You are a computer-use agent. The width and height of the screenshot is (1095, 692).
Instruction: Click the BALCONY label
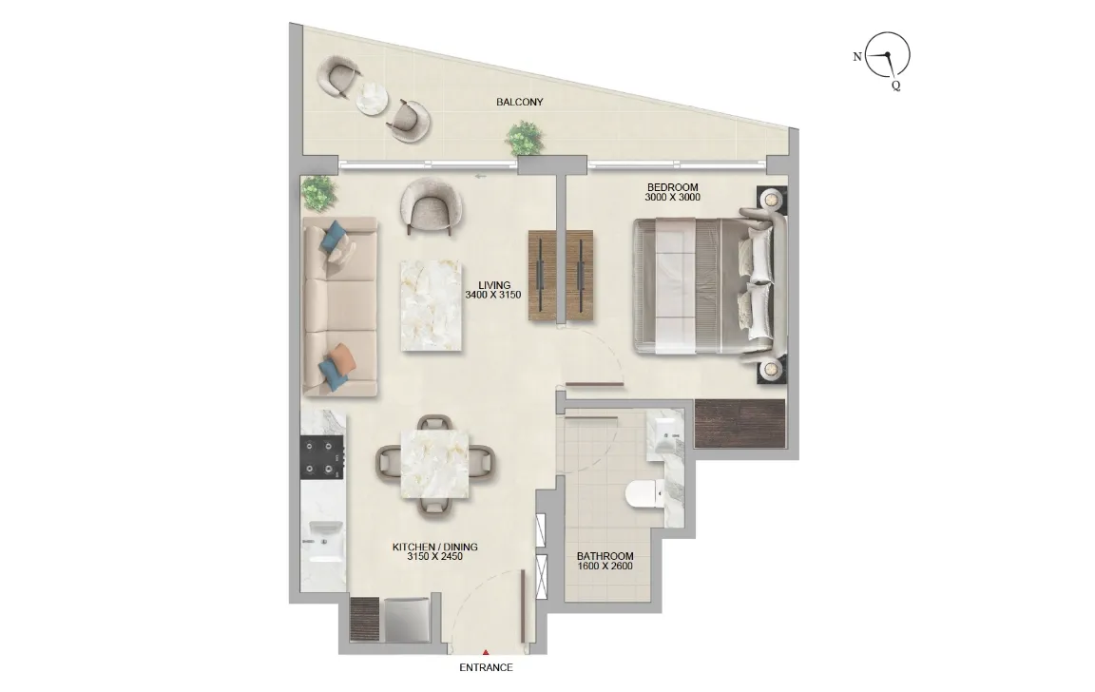pyautogui.click(x=520, y=102)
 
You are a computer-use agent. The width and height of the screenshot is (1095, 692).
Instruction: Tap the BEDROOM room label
pyautogui.click(x=673, y=186)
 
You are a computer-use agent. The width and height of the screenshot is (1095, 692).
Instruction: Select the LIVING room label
pyautogui.click(x=494, y=284)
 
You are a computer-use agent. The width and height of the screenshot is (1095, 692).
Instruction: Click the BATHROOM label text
pyautogui.click(x=605, y=556)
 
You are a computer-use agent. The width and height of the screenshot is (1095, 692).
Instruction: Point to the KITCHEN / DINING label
pyautogui.click(x=434, y=547)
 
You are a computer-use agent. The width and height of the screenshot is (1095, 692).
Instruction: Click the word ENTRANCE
pyautogui.click(x=486, y=667)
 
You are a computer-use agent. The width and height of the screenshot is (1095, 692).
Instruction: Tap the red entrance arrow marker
pyautogui.click(x=486, y=652)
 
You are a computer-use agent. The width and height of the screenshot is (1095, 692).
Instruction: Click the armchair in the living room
pyautogui.click(x=432, y=205)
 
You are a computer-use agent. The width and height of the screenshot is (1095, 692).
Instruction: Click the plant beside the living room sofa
pyautogui.click(x=318, y=193)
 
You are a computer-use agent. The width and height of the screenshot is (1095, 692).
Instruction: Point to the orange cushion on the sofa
pyautogui.click(x=342, y=357)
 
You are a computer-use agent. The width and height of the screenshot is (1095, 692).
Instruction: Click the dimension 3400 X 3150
pyautogui.click(x=493, y=296)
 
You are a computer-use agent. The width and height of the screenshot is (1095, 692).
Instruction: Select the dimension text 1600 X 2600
pyautogui.click(x=605, y=567)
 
